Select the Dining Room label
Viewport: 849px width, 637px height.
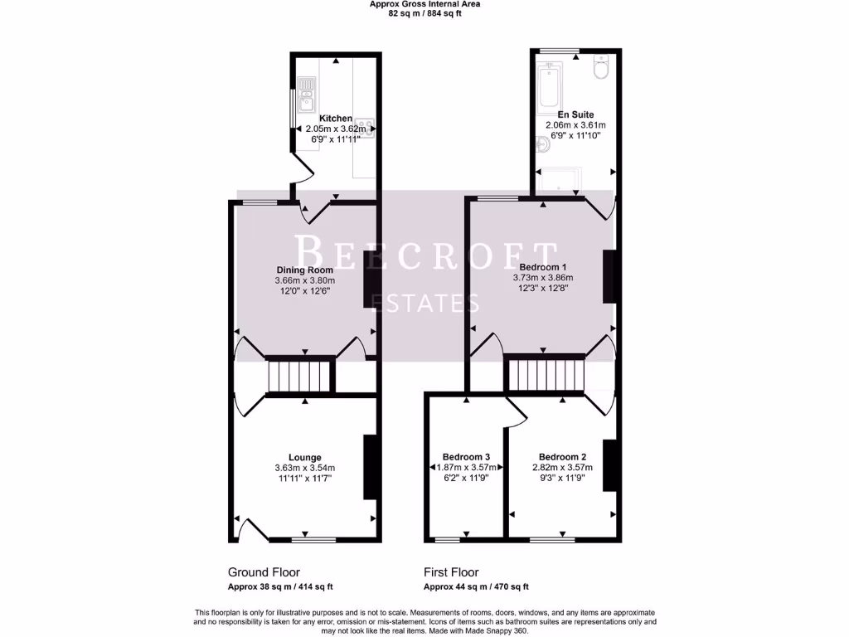[x=305, y=270]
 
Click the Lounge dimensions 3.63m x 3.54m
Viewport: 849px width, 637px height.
[x=305, y=469]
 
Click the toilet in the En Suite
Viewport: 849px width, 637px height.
[x=602, y=69]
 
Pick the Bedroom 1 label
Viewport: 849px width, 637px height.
[x=543, y=266]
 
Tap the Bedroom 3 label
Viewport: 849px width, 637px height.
[x=466, y=457]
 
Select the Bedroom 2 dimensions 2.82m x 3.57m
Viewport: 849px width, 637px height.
[x=563, y=468]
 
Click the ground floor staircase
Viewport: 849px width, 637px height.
[x=299, y=375]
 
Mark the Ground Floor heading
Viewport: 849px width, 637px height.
[x=264, y=572]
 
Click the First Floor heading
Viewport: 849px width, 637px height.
[x=451, y=572]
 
